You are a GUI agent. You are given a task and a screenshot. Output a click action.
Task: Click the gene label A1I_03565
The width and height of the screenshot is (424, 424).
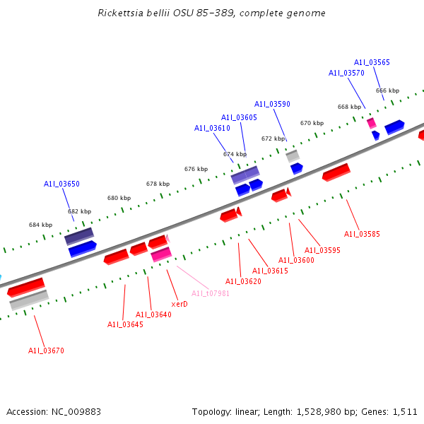point(372,62)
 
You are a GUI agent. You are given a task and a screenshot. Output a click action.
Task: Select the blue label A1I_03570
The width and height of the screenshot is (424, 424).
point(346,73)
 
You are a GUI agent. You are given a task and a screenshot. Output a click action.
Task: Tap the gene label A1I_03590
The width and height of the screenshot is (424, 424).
point(272,104)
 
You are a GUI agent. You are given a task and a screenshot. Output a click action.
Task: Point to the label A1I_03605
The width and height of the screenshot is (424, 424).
point(239,117)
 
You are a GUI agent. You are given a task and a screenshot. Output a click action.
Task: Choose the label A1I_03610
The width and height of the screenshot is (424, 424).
point(212,128)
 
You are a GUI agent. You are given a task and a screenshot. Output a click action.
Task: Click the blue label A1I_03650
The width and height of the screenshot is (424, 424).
point(61,184)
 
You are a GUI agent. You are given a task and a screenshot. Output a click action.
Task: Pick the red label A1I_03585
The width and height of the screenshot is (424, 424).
point(362,234)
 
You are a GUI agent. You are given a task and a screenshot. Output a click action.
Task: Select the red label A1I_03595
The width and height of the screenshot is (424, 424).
point(322,250)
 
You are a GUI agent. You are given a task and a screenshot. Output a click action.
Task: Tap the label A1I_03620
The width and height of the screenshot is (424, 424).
point(243,281)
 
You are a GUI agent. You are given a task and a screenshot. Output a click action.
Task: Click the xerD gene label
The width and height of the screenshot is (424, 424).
point(179,304)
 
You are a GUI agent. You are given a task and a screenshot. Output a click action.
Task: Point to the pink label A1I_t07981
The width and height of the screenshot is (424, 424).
point(211,293)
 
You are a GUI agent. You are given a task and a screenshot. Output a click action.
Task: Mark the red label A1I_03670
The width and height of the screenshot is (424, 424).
point(46,351)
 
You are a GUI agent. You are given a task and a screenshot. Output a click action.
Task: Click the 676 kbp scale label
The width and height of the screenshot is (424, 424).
point(196,169)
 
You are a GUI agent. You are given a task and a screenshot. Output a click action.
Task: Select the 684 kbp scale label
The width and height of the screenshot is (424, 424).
point(40,225)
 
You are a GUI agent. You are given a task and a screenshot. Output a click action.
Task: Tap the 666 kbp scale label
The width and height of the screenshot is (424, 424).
point(387,90)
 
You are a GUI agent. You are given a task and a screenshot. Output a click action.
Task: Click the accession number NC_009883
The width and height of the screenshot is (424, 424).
point(74,411)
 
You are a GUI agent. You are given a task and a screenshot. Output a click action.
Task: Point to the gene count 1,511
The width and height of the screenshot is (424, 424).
point(404,411)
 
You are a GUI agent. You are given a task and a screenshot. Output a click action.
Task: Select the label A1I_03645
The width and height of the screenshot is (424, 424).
point(125,324)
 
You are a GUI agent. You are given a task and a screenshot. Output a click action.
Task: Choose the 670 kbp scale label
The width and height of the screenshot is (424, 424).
point(312,123)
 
